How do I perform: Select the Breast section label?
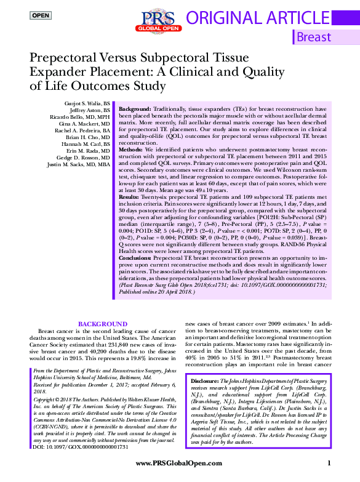pyautogui.click(x=313, y=37)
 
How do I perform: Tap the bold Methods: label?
pyautogui.click(x=132, y=150)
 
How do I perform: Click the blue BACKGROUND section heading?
pyautogui.click(x=103, y=324)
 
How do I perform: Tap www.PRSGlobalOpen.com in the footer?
pyautogui.click(x=174, y=463)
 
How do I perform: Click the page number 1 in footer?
pyautogui.click(x=329, y=463)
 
